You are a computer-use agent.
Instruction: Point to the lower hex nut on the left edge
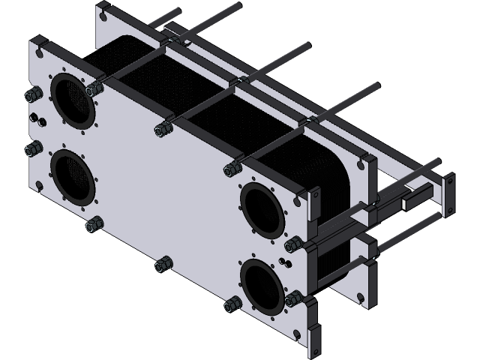pos(32,150)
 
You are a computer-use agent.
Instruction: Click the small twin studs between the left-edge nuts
pos(37,121)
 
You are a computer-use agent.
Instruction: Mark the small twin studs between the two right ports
pos(283,262)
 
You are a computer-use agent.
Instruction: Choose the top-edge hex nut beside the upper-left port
pos(94,89)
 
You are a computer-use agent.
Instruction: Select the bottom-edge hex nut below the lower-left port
pos(94,223)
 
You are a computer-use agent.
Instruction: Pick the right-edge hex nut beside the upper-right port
pos(295,244)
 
